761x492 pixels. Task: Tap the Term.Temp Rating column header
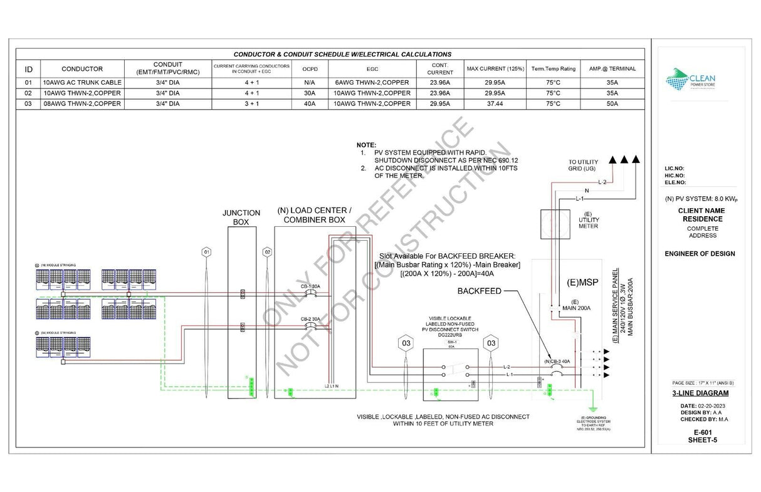553,69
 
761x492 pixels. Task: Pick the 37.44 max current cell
494,104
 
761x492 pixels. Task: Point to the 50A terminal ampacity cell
612,104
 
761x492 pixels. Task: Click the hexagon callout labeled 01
206,252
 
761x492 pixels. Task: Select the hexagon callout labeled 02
268,252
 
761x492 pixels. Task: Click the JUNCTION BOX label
241,217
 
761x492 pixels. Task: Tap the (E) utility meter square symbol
555,224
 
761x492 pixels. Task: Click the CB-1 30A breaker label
310,286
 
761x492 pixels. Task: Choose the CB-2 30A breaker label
310,319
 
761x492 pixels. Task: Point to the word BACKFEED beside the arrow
478,291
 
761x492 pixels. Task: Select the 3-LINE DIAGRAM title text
700,394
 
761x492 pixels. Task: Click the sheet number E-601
699,432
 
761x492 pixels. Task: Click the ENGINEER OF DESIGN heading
700,254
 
